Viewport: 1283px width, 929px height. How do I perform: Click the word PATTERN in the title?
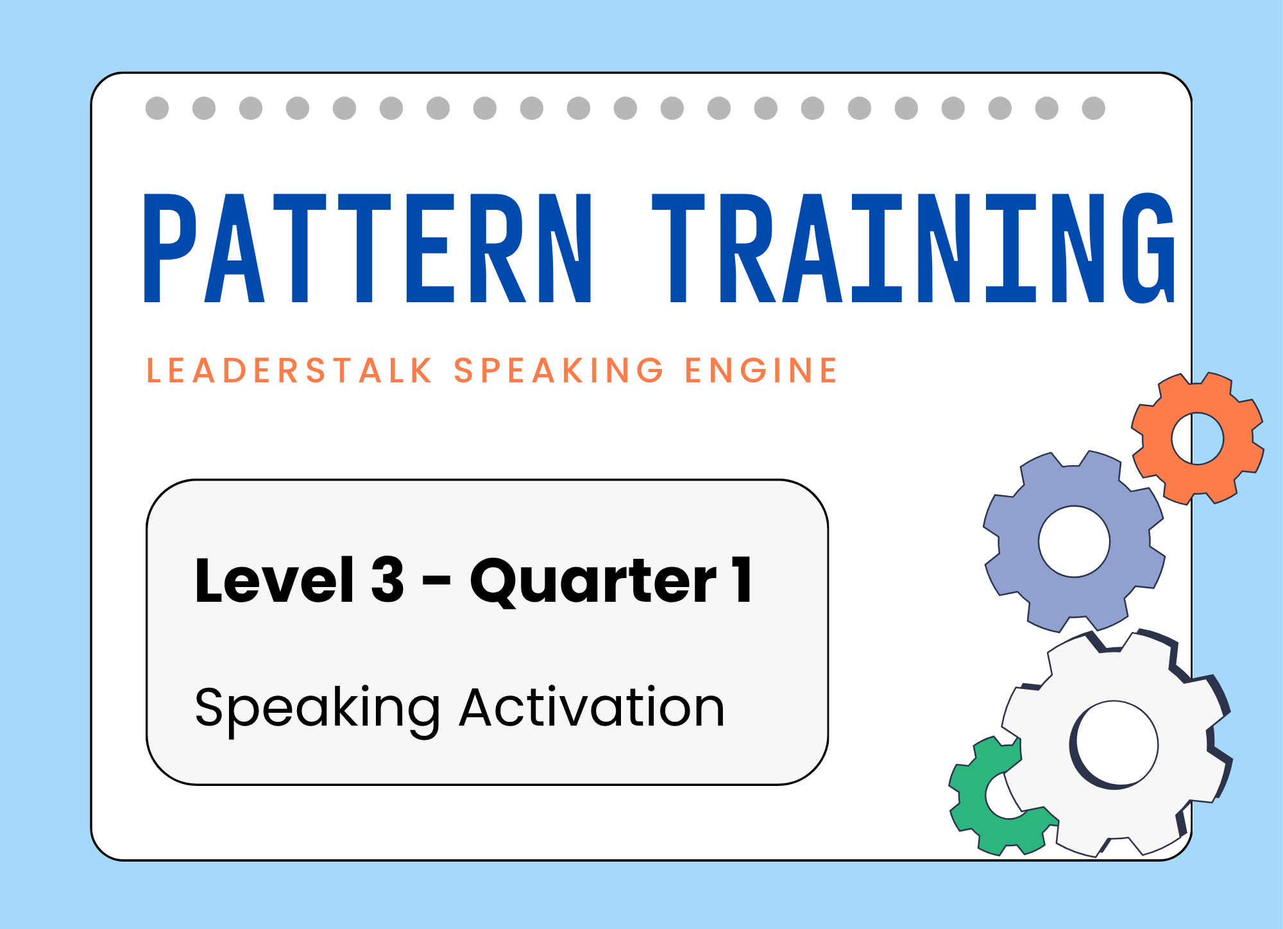[368, 248]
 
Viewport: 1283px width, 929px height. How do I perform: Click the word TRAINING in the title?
[913, 248]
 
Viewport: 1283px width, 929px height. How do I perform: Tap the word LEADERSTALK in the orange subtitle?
[289, 371]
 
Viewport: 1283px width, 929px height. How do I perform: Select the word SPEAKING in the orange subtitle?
[559, 371]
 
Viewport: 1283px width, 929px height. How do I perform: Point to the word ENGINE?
[761, 371]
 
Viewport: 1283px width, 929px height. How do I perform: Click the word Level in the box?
[275, 581]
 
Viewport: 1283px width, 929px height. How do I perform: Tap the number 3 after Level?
[388, 581]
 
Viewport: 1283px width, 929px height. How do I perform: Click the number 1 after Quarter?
[743, 580]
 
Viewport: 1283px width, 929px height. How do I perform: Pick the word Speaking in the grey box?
[318, 710]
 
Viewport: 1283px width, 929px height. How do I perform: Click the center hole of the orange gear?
[1197, 439]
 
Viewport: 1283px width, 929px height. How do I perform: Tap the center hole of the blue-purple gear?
[1075, 541]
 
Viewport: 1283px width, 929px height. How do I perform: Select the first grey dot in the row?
[157, 108]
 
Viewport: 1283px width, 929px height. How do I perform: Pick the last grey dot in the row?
[1093, 108]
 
